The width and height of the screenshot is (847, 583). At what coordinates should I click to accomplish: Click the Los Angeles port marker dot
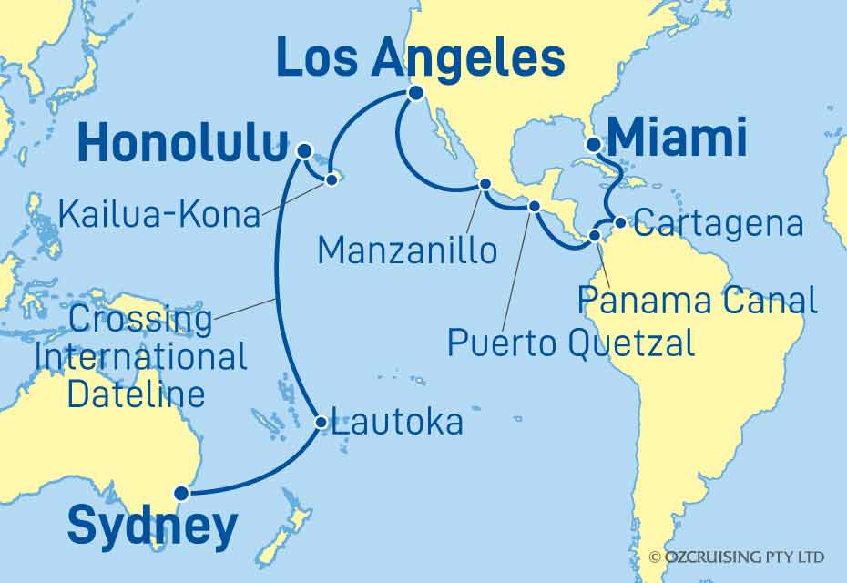point(415,93)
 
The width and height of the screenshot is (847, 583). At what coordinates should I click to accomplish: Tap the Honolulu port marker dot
point(304,150)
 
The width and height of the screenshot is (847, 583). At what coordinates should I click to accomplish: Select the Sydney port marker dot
point(182,494)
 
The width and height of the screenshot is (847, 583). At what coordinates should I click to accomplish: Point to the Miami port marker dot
point(593,144)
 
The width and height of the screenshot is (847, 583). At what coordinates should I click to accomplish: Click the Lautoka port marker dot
point(321,423)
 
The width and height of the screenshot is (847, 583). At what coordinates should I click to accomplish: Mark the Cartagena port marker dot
point(619,221)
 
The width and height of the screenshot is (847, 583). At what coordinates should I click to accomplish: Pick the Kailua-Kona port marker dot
point(332,180)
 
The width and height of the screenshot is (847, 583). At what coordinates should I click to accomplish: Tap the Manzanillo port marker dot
point(485,185)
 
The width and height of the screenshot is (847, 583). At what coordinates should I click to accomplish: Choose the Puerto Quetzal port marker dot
point(535,206)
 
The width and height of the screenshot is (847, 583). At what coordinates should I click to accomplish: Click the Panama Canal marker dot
point(595,236)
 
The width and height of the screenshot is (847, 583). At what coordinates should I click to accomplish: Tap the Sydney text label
point(152,528)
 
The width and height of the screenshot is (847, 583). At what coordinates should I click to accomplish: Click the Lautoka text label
point(397,422)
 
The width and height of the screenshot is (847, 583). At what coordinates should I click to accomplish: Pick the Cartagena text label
point(719,224)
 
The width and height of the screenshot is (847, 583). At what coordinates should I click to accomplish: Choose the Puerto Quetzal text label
point(571,342)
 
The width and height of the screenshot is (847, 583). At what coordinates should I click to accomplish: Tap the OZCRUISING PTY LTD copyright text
point(738,556)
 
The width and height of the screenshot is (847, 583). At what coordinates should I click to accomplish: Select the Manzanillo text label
point(408,250)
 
